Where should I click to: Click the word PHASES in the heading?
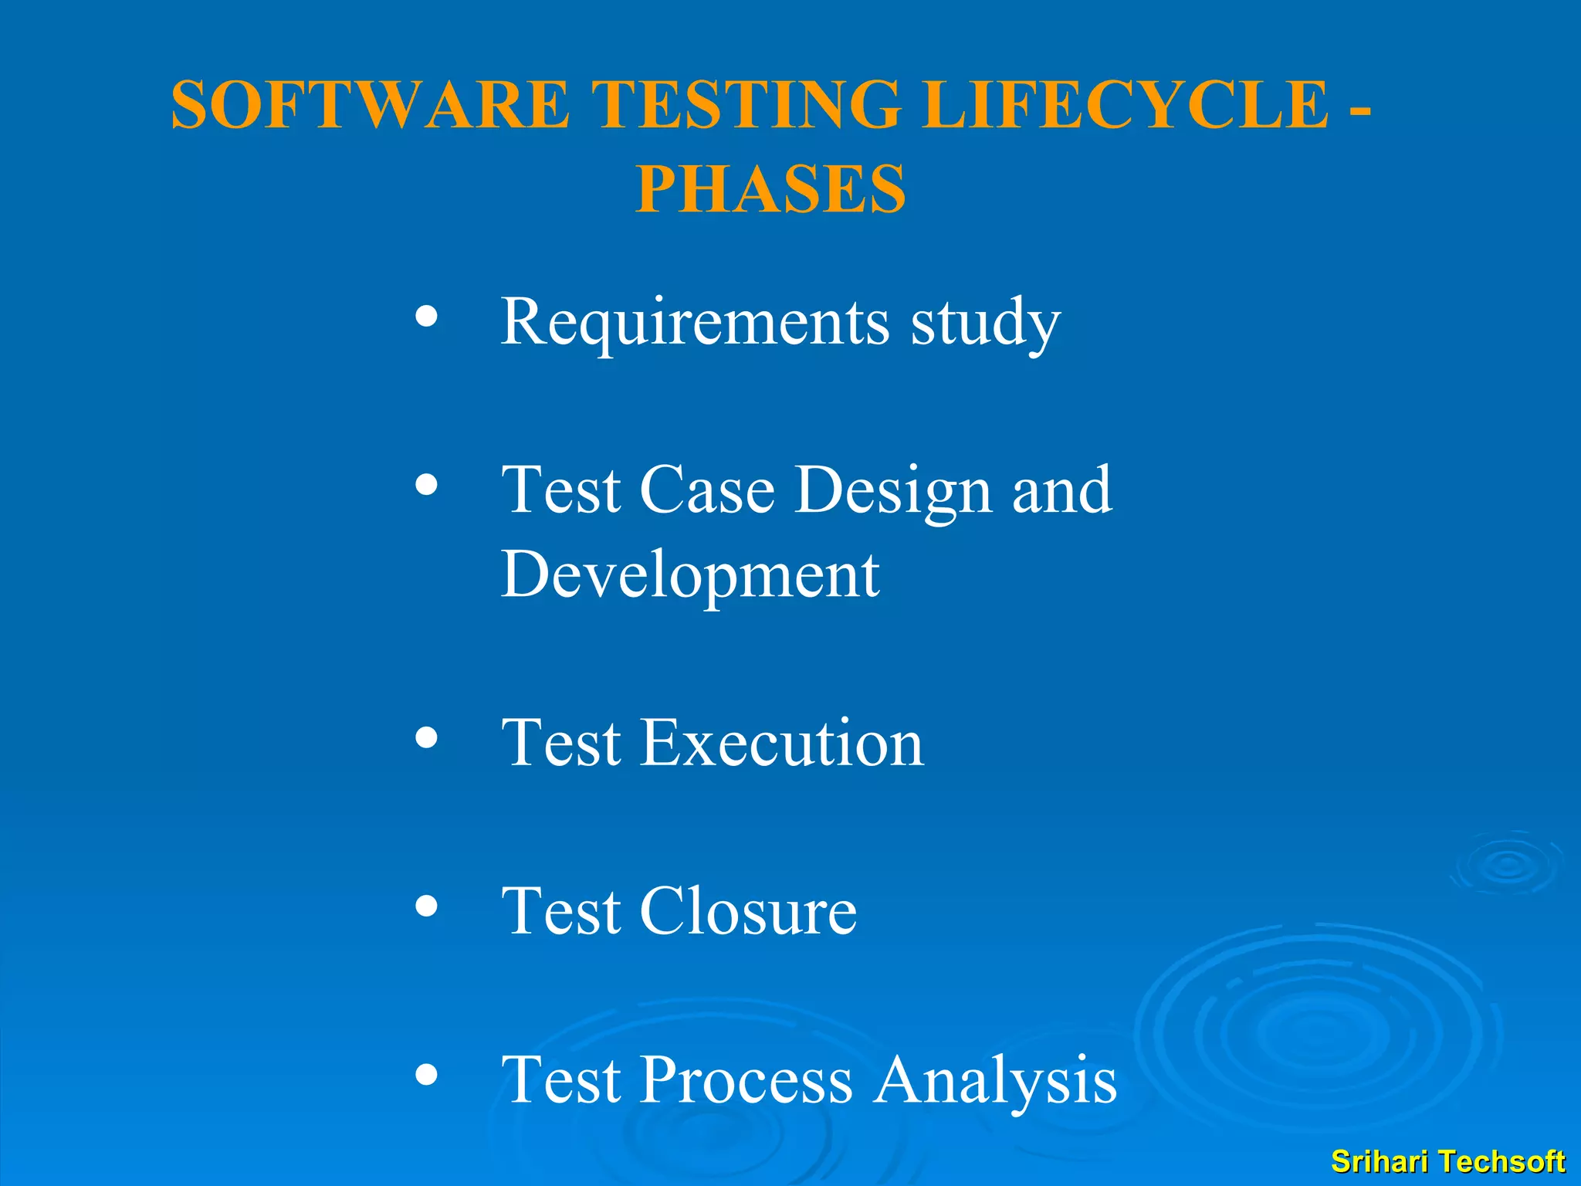pyautogui.click(x=770, y=189)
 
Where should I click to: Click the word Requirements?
pyautogui.click(x=695, y=323)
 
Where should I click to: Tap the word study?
pyautogui.click(x=986, y=323)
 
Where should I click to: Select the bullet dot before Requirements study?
pyautogui.click(x=426, y=316)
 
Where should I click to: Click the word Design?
pyautogui.click(x=893, y=491)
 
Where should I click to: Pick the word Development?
pyautogui.click(x=689, y=575)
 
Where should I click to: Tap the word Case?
pyautogui.click(x=706, y=491)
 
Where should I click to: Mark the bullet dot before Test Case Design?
pyautogui.click(x=426, y=485)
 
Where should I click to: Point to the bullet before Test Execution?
pyautogui.click(x=426, y=737)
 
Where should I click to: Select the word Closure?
pyautogui.click(x=747, y=912)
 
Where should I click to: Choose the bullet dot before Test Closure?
pyautogui.click(x=426, y=906)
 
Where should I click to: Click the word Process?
pyautogui.click(x=746, y=1081)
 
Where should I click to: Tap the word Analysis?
pyautogui.click(x=995, y=1081)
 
